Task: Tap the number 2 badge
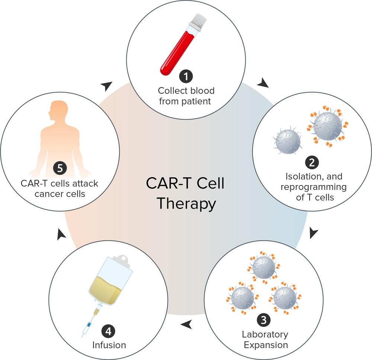coord(311,162)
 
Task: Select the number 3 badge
coord(264,319)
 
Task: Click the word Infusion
coord(109,345)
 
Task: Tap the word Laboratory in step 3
coord(265,334)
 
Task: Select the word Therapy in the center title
coord(186,204)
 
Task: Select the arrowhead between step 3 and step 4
coord(186,324)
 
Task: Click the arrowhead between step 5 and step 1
coord(106,86)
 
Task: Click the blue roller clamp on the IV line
coord(89,325)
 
